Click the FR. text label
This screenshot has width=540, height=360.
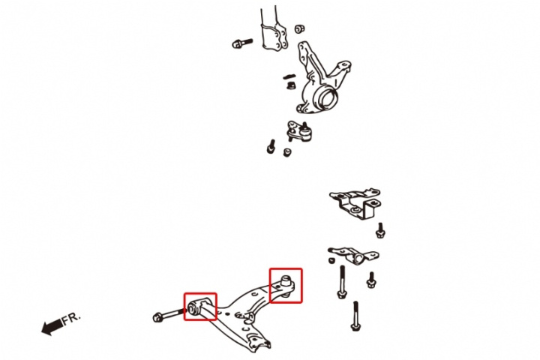click(71, 318)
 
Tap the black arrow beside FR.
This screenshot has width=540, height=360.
click(52, 326)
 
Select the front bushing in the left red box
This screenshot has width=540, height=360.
click(193, 307)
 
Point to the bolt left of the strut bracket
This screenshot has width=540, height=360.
click(242, 43)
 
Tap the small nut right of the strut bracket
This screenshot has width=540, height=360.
click(299, 28)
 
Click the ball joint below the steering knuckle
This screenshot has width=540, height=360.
click(300, 131)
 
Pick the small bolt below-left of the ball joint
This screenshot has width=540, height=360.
click(271, 147)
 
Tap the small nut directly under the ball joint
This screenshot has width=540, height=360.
click(286, 152)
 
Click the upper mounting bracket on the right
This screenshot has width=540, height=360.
click(355, 202)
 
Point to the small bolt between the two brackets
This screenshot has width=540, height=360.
click(380, 230)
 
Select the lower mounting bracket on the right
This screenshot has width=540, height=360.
click(354, 255)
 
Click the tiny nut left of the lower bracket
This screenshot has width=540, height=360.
click(331, 260)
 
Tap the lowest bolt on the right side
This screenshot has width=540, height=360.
click(355, 316)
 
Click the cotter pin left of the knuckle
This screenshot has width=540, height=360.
click(289, 76)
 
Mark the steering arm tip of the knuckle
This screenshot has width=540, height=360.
click(343, 66)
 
